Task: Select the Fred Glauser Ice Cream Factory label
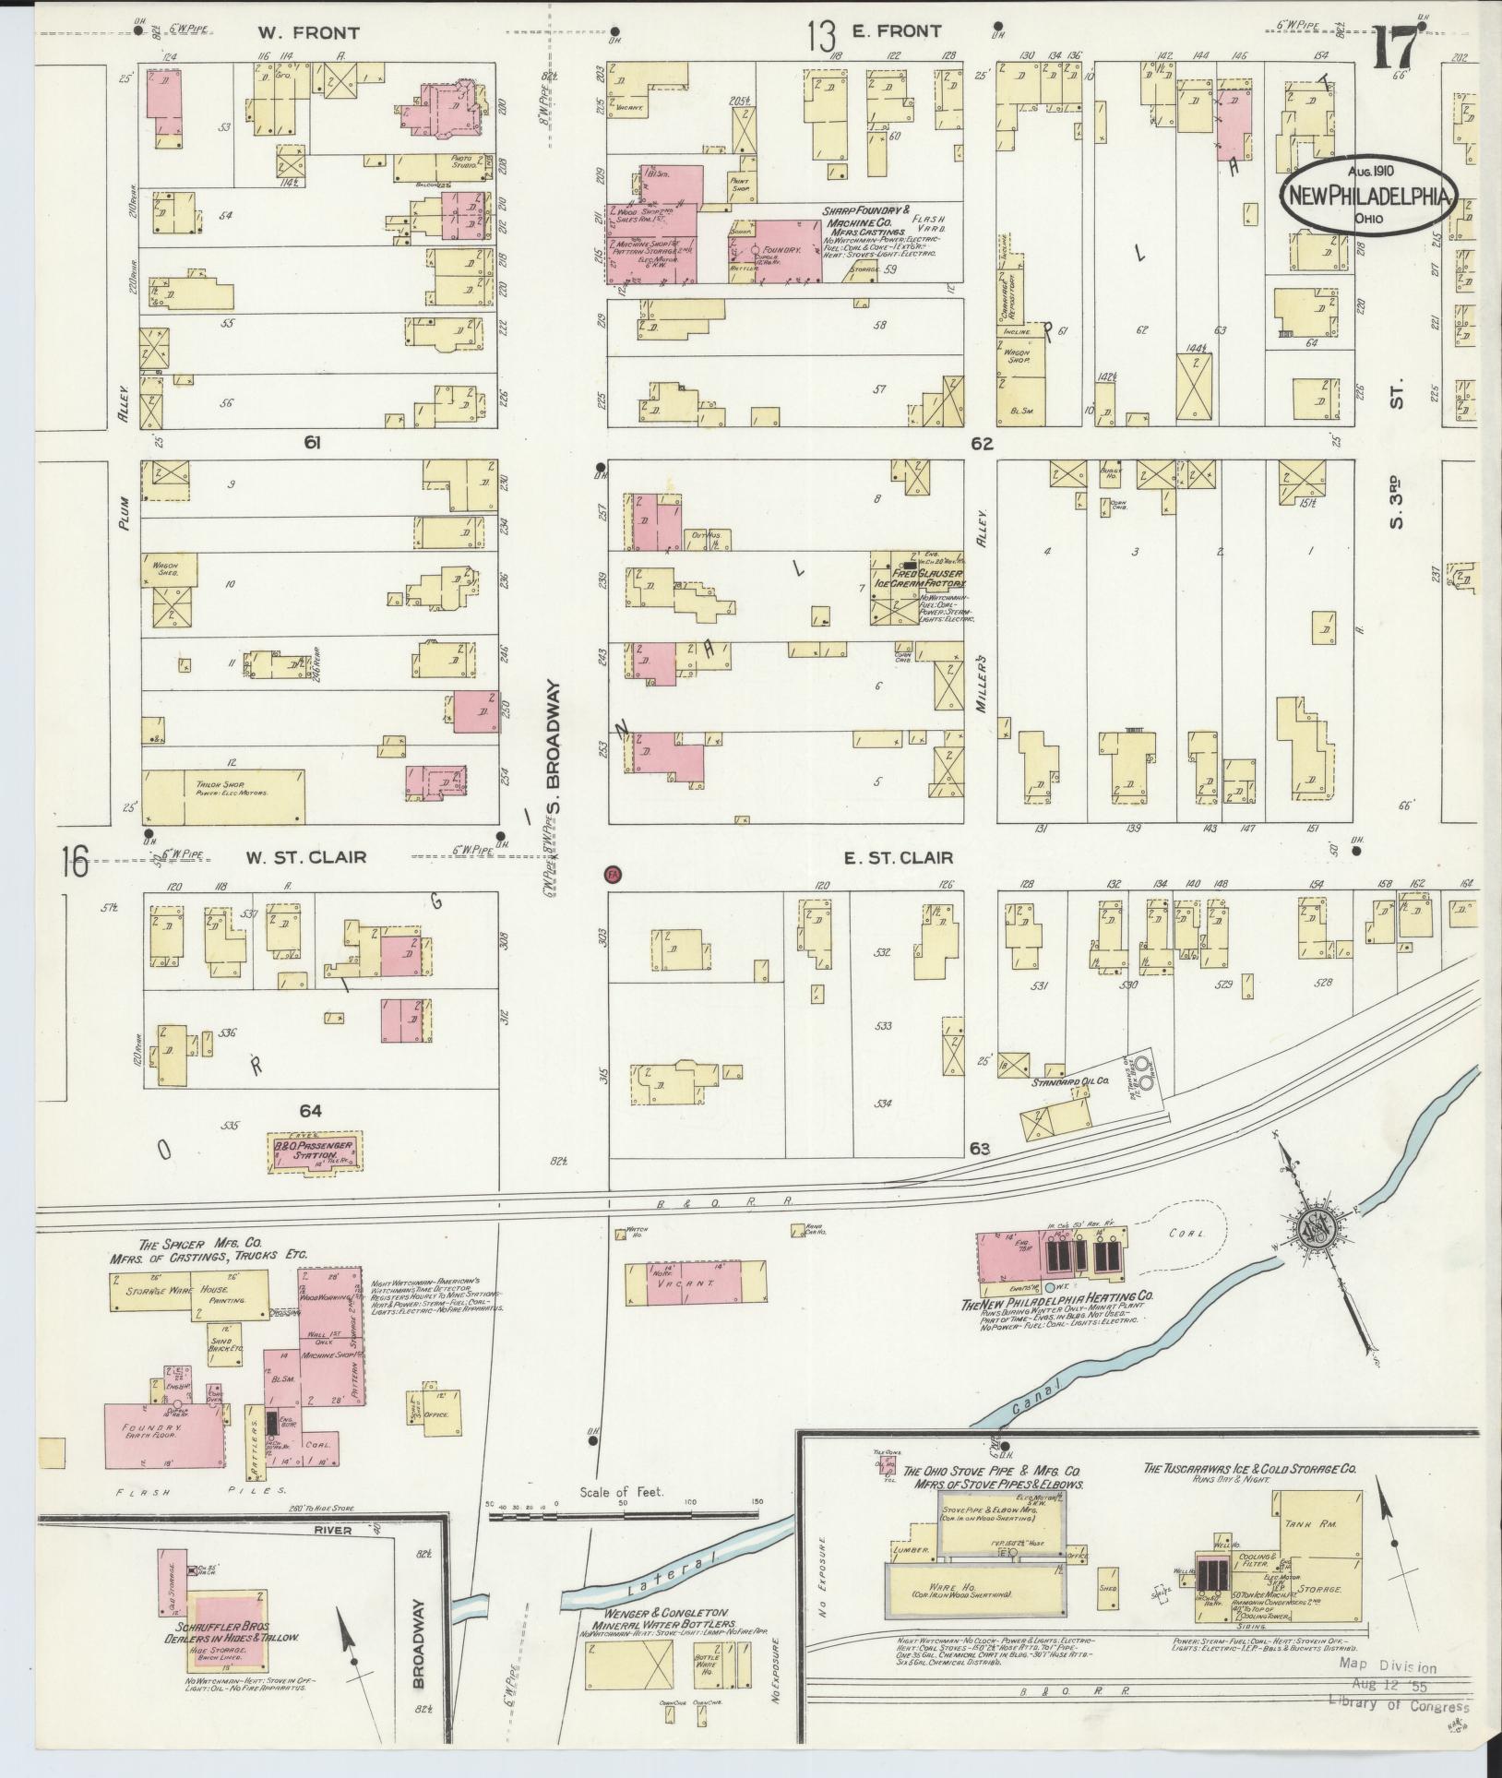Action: pyautogui.click(x=919, y=578)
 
